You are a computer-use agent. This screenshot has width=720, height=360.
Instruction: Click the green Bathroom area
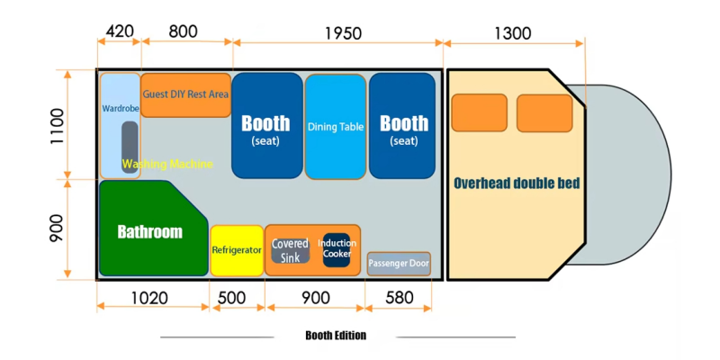pos(149,231)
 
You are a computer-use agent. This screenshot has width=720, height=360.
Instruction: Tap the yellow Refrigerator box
pos(237,250)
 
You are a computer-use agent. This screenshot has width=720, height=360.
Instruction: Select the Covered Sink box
pos(290,250)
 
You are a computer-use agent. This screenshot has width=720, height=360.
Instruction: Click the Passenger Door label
pos(399,265)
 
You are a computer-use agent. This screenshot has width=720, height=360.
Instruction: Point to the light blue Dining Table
pos(336,127)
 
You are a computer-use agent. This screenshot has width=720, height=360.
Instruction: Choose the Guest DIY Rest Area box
pos(186,94)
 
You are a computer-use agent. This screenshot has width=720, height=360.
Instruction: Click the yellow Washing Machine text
pos(167,164)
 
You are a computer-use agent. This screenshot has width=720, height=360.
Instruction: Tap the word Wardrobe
pos(119,109)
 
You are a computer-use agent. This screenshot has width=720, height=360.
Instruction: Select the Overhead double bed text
pos(517,183)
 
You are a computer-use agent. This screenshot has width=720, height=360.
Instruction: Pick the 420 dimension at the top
pos(120,32)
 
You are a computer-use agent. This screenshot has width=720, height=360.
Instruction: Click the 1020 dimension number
pos(152,297)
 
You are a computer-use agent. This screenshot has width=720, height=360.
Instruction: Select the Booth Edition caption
pos(336,336)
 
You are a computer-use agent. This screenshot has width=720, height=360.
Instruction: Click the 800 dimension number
pos(183,32)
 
